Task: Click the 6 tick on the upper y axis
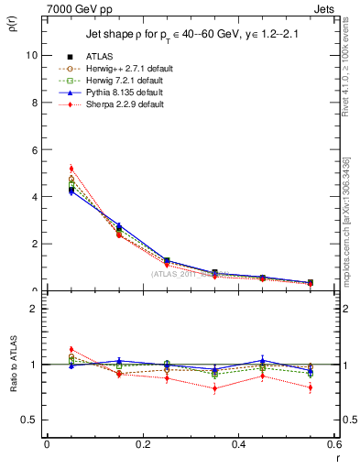click(34, 149)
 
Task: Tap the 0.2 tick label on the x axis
click(143, 444)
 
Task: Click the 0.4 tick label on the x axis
click(239, 444)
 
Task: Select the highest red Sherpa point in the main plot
click(71, 169)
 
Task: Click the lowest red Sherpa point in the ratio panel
click(215, 387)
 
